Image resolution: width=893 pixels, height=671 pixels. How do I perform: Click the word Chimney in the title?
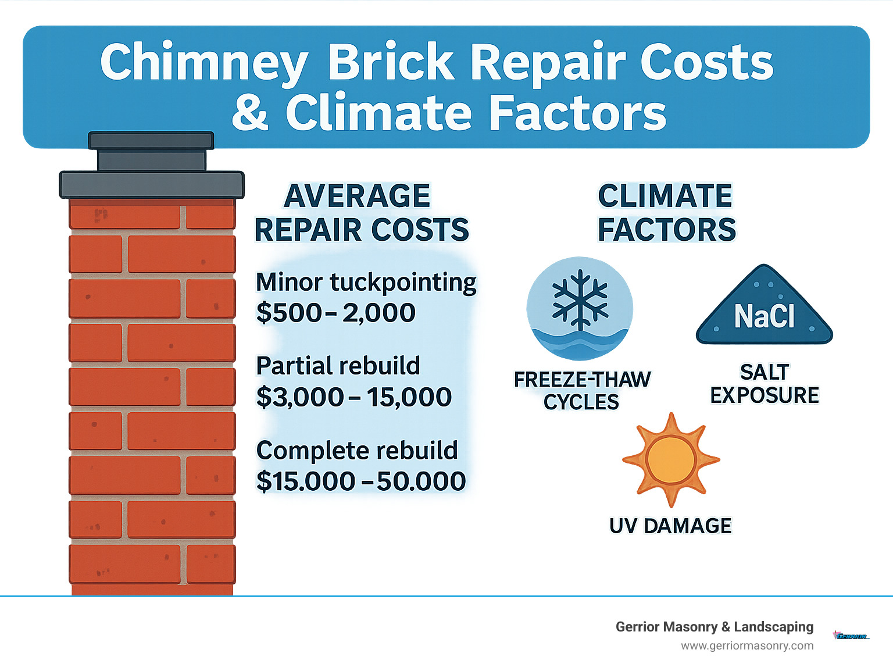coord(203,63)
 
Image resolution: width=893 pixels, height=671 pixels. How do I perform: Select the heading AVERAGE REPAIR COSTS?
coord(361,213)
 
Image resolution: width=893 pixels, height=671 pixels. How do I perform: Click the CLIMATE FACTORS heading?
coord(666,213)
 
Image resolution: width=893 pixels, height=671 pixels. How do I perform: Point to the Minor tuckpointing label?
coord(366,283)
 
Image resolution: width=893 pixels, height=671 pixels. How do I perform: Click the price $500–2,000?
coord(335,313)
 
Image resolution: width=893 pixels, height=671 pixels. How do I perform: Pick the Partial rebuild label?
coord(338,366)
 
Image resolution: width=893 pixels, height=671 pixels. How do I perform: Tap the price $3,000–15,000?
coord(353,397)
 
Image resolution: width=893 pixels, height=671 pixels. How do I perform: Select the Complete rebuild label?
coord(357,451)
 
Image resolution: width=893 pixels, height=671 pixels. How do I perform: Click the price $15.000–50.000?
coord(361,481)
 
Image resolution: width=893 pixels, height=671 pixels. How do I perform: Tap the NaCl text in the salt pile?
coord(764,316)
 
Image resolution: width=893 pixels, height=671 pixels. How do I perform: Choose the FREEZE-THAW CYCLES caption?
coord(582,391)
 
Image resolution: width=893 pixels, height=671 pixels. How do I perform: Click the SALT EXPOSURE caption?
coord(765,384)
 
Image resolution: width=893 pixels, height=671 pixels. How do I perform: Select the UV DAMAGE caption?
coord(670,526)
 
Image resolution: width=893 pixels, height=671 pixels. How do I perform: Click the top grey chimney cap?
coord(151,141)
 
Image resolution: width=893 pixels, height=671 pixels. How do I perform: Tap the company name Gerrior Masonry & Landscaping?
coord(715,627)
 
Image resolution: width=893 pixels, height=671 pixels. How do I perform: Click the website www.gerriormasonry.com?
coord(747,646)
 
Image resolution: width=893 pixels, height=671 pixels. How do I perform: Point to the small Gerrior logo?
coord(851,636)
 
